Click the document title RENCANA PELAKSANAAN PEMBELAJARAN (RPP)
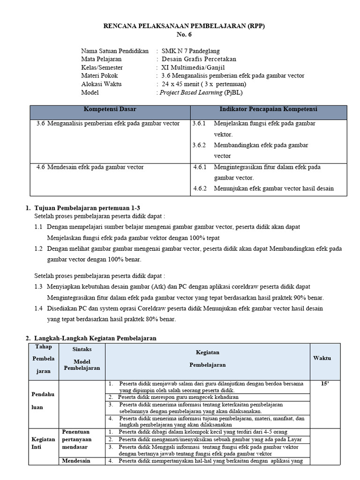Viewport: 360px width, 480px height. coord(185,26)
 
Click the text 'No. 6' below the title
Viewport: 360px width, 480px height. coord(184,35)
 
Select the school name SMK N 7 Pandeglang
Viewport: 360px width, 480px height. coord(190,51)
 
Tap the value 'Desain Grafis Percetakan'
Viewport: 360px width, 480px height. coord(199,59)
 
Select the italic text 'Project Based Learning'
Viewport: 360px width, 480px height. coord(191,93)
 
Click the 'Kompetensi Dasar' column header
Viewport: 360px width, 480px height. coord(110,109)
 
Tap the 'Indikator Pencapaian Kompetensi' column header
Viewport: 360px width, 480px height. coord(268,109)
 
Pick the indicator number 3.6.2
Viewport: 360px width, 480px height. coord(199,145)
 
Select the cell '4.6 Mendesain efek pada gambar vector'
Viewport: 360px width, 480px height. coord(90,167)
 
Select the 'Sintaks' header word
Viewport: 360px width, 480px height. coord(82,350)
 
